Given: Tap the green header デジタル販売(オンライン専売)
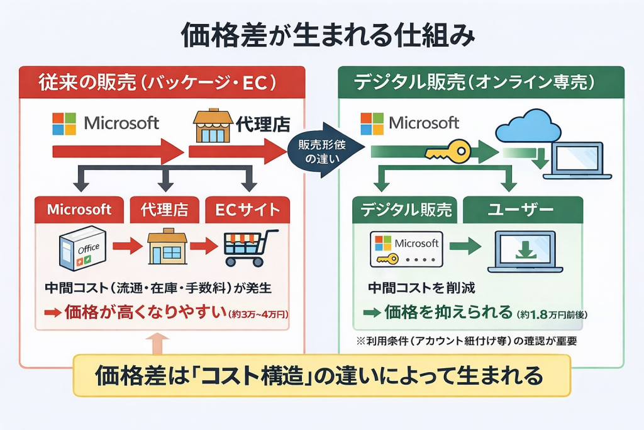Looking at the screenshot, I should [480, 82].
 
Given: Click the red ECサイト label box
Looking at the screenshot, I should [248, 210].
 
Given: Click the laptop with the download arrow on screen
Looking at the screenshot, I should [525, 251].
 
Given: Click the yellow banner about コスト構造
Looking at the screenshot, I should [321, 376].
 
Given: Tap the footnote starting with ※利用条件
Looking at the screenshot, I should [465, 341].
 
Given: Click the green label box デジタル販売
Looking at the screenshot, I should [402, 210].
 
